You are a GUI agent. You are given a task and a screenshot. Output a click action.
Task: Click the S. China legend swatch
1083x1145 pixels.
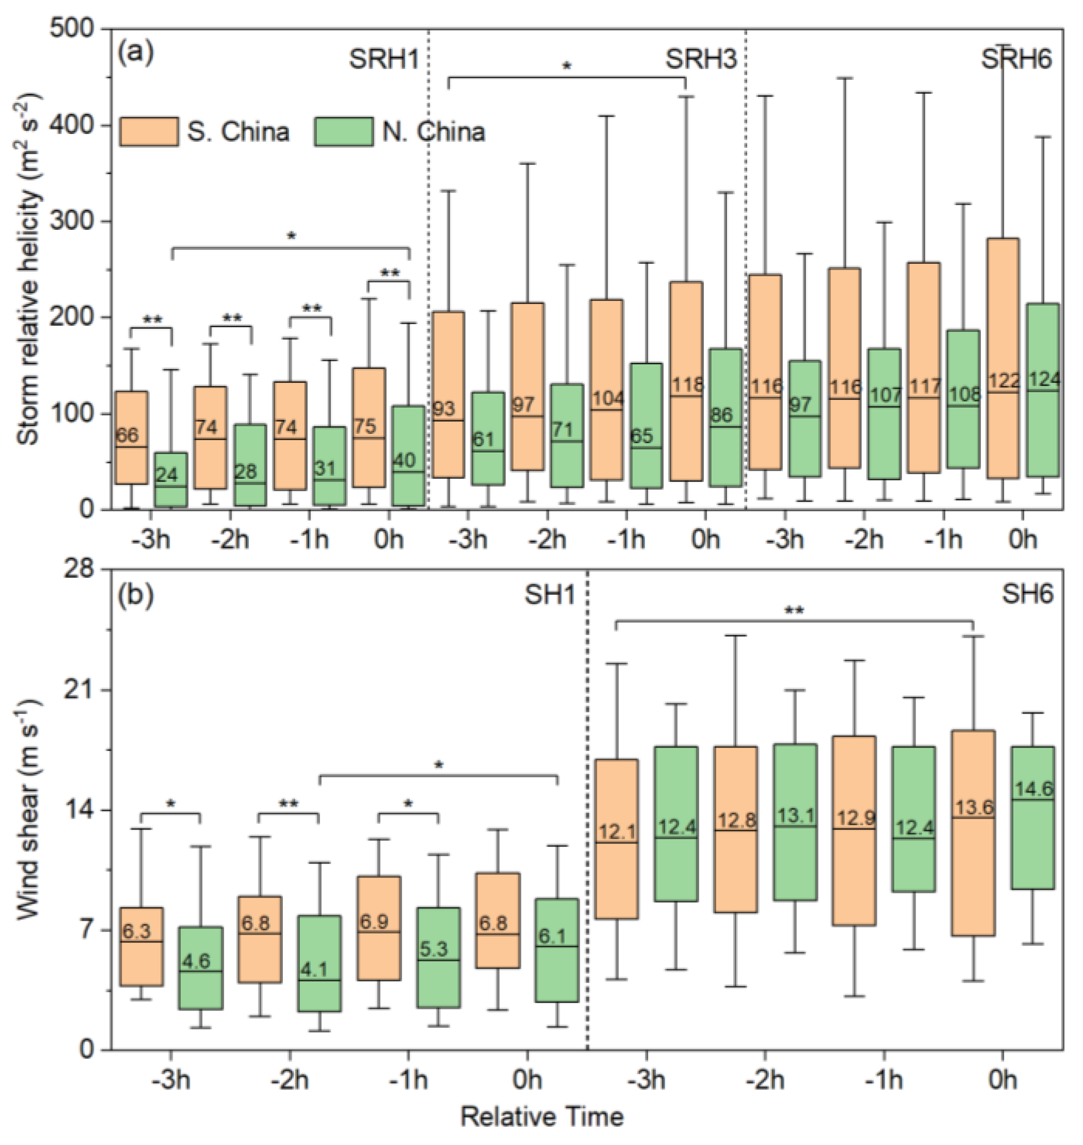point(148,131)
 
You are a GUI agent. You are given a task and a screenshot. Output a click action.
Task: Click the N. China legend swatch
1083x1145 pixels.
point(344,131)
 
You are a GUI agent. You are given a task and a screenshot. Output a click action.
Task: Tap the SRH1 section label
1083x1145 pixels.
point(383,59)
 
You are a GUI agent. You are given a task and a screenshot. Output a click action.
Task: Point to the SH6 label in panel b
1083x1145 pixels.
point(1027,594)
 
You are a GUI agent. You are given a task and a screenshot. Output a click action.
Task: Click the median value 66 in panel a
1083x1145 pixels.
point(127,435)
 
